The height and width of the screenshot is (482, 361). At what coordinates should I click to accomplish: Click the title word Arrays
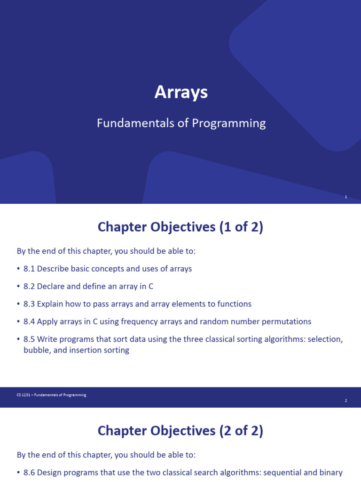pyautogui.click(x=181, y=92)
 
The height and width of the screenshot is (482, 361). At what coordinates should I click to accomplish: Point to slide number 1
pyautogui.click(x=345, y=197)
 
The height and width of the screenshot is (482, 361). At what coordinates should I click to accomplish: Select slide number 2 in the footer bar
pyautogui.click(x=345, y=401)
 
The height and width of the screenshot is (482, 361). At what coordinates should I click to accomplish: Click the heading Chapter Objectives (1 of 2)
pyautogui.click(x=180, y=227)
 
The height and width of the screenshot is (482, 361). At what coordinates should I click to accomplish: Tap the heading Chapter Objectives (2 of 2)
pyautogui.click(x=180, y=431)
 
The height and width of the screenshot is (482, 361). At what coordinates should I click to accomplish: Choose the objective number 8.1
pyautogui.click(x=29, y=269)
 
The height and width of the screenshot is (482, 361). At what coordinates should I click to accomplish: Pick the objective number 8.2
pyautogui.click(x=29, y=286)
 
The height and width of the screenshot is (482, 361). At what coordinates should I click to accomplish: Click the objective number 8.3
pyautogui.click(x=29, y=304)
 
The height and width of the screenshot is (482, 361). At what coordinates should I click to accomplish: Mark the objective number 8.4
pyautogui.click(x=29, y=321)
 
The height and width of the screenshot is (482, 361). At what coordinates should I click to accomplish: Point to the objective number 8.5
pyautogui.click(x=29, y=339)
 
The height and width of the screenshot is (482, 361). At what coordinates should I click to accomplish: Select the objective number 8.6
pyautogui.click(x=29, y=473)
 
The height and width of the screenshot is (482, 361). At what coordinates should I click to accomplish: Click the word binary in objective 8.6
pyautogui.click(x=331, y=473)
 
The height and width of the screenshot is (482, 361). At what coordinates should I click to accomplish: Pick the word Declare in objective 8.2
pyautogui.click(x=51, y=286)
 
